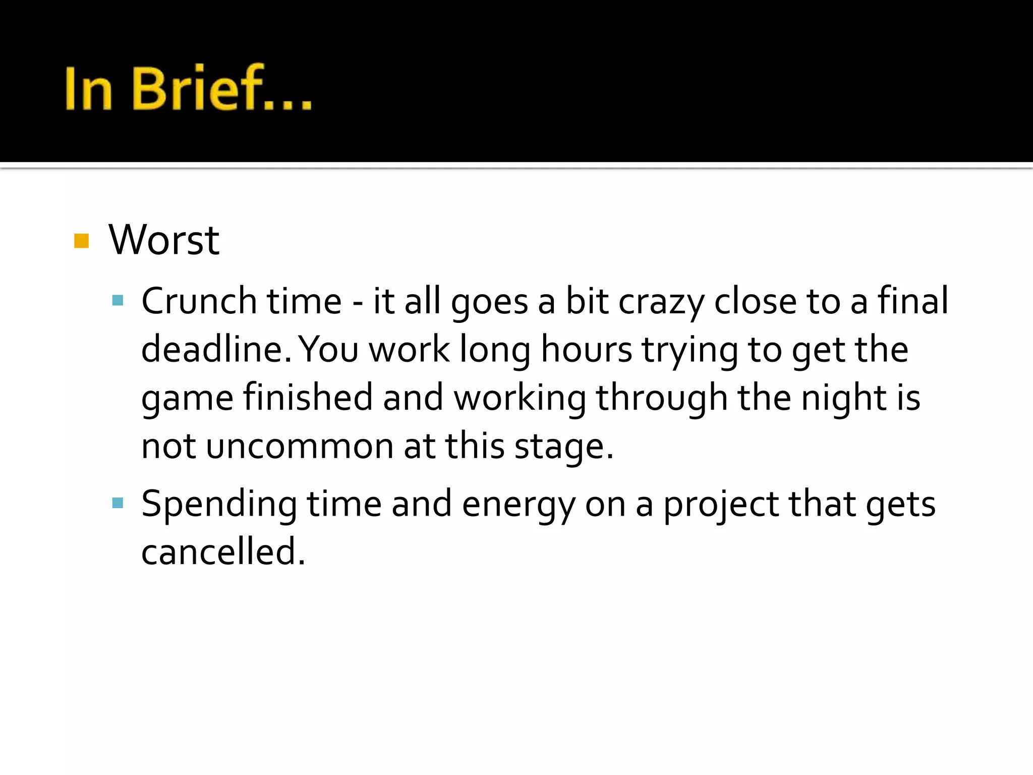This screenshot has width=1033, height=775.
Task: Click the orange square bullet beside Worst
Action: (81, 241)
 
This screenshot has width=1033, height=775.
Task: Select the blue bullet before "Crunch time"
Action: (118, 301)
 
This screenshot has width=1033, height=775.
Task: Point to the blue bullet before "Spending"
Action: (118, 503)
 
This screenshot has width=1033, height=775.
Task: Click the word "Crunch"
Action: (199, 301)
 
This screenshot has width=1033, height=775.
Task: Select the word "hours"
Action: (586, 349)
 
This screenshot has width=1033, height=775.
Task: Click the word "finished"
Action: (308, 397)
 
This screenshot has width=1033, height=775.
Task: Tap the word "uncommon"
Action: (300, 447)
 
